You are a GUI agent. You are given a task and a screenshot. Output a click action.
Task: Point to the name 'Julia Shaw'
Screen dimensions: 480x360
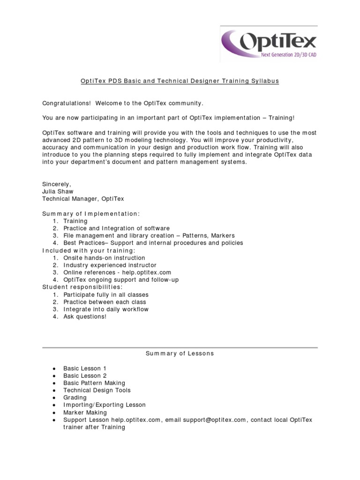click(58, 191)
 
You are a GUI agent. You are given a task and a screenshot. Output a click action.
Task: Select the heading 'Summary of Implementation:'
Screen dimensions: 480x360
click(91, 214)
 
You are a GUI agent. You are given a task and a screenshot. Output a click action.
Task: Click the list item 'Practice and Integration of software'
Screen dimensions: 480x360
click(117, 228)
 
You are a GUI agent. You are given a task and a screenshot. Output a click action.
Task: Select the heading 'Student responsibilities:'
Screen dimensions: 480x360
click(82, 287)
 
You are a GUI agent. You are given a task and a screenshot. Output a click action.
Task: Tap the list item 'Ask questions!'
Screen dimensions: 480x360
click(85, 316)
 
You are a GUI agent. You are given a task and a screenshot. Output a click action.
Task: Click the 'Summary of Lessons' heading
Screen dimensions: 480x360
click(180, 353)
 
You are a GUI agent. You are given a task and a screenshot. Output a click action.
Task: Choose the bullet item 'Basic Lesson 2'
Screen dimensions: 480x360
click(85, 375)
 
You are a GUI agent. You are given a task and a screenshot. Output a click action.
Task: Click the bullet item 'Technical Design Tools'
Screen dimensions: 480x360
click(97, 390)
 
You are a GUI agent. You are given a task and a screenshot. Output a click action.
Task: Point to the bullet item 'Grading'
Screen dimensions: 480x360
click(75, 397)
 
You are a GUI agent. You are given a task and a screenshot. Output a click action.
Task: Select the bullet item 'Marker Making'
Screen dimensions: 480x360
click(84, 412)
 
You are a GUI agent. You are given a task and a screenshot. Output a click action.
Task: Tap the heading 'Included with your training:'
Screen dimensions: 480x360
click(82, 250)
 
